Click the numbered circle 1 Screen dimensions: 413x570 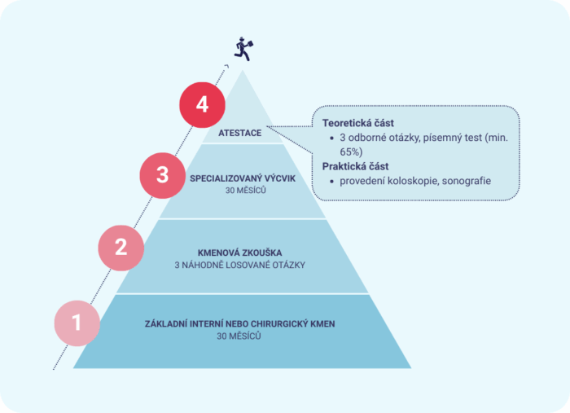[x=77, y=323]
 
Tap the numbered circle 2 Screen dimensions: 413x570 [x=121, y=247]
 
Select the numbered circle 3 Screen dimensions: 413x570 [x=163, y=174]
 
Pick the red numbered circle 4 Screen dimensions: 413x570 [x=203, y=104]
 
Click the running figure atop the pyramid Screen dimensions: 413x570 [x=243, y=48]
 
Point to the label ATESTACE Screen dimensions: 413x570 [x=240, y=132]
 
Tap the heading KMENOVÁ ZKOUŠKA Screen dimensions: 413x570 [x=239, y=253]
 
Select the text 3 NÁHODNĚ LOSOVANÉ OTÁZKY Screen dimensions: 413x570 [x=239, y=265]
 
